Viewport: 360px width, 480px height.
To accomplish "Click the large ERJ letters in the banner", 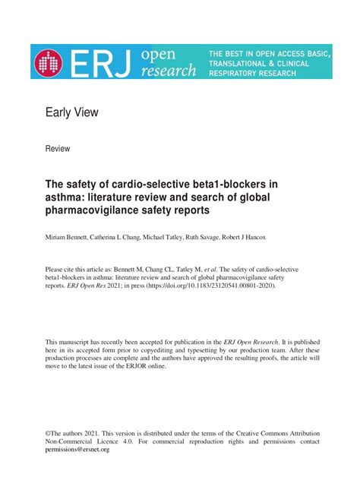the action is (102, 62).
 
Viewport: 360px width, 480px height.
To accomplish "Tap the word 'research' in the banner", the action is (168, 71).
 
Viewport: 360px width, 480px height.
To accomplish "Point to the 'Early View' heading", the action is (72, 113).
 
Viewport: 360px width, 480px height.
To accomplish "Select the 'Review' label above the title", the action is (58, 149).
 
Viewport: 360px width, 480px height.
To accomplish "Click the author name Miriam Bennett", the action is (71, 238).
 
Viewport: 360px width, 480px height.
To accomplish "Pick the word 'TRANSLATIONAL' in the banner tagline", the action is (242, 65).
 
